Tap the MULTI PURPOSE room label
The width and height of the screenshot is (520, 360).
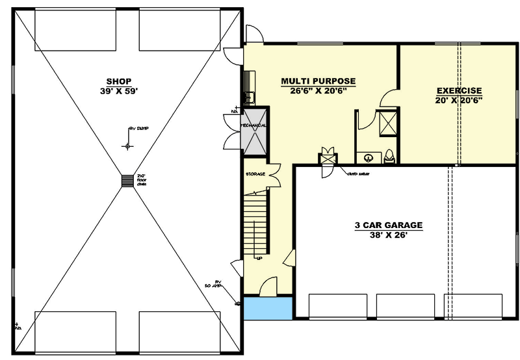pos(318,81)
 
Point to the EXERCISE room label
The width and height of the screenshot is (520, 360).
pos(459,90)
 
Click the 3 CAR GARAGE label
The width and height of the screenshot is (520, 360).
pos(388,225)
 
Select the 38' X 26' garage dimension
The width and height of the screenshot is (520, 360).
pos(388,235)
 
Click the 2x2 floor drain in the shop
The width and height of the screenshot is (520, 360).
pos(126,180)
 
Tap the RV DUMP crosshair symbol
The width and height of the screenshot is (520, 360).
pos(127,146)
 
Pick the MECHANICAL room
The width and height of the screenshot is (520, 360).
pos(253,137)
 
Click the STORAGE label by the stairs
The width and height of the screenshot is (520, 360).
pos(255,174)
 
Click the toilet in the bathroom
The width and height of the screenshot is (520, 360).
pos(389,156)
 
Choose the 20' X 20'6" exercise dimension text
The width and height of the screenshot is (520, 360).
pos(459,100)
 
